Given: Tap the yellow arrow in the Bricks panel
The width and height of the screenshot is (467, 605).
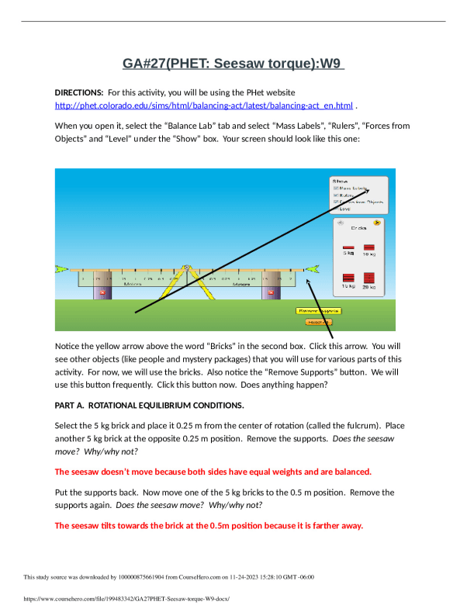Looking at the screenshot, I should coord(377,223).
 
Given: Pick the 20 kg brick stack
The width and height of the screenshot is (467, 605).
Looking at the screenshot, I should coord(369,277).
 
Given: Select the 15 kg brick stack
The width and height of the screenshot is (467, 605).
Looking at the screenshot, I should coord(349,277).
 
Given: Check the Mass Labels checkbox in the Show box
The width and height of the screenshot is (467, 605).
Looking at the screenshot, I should coord(335,188).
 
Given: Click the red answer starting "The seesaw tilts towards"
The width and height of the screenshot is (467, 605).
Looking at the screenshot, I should coord(209,525).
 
